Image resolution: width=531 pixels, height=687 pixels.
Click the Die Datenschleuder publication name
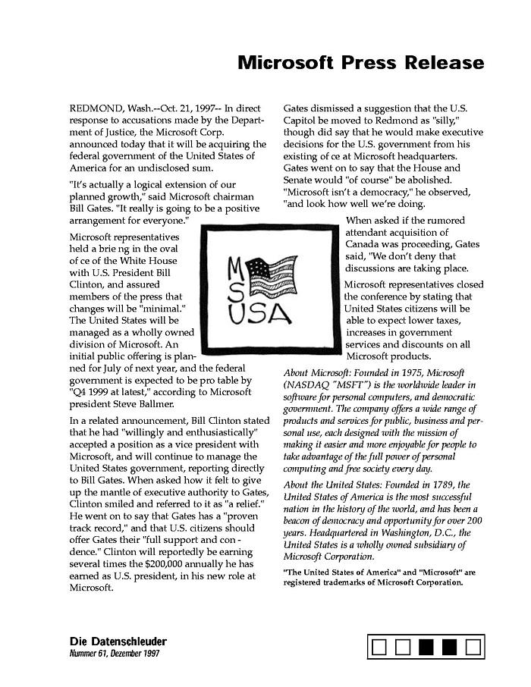(118, 642)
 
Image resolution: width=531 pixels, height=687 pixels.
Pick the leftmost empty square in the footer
(381, 647)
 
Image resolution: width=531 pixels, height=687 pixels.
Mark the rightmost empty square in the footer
(473, 647)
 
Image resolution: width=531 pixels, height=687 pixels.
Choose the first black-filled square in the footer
(427, 647)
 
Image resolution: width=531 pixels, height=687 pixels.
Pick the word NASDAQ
(310, 385)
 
